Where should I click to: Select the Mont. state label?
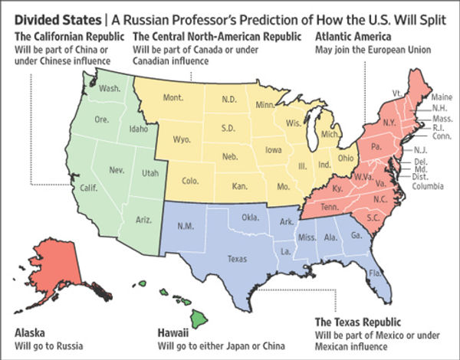176,99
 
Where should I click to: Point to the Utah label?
149,174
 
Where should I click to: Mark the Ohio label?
346,158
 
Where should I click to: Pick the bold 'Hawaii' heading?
172,332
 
